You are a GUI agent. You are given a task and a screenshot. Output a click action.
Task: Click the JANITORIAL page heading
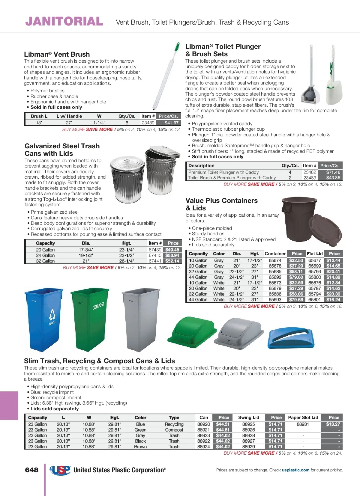[64, 22]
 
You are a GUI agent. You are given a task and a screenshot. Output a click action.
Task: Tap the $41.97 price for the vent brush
[172, 123]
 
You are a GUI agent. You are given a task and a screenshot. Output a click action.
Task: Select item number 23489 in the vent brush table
[148, 123]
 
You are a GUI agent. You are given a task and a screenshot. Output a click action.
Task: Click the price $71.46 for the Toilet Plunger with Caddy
[333, 172]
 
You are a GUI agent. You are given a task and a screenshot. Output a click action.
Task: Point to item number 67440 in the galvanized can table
[155, 255]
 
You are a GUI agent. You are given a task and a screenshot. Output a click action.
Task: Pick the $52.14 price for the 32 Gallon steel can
[172, 261]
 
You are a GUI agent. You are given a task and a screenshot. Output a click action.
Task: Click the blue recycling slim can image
[44, 319]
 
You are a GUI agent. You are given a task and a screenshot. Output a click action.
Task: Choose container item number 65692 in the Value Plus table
[275, 277]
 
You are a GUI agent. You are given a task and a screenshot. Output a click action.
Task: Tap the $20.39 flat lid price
[333, 294]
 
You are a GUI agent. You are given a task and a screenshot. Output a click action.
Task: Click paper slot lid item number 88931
[303, 424]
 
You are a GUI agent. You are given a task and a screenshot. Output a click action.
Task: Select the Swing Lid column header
[249, 417]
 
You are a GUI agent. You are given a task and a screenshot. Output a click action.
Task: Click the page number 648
[32, 470]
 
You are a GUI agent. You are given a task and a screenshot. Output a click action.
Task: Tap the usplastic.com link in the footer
[295, 470]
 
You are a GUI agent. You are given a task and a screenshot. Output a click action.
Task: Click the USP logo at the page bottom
[60, 470]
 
